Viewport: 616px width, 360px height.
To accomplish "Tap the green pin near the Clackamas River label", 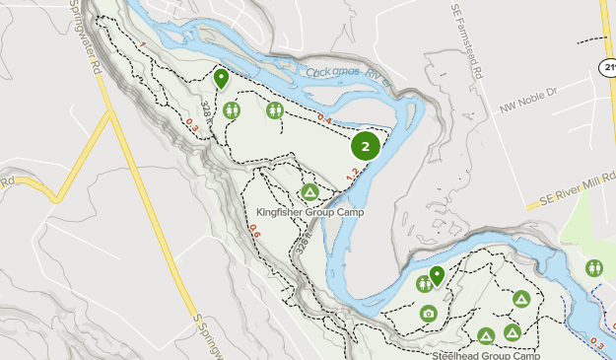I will point(221,78).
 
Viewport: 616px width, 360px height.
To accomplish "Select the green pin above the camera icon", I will point(437,275).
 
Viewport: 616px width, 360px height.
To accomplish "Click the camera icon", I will point(428,314).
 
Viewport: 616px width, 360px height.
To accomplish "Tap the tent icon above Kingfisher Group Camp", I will point(308,191).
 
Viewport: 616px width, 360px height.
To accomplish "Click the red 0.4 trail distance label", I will point(324,119).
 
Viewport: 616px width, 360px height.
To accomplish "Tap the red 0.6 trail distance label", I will point(254,233).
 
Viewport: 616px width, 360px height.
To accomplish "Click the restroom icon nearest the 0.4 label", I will point(275,109).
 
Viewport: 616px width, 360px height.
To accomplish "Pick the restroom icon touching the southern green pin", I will point(424,284).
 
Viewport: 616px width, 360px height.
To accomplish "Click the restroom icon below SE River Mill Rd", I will point(594,268).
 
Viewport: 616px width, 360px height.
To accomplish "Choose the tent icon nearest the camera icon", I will point(486,335).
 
